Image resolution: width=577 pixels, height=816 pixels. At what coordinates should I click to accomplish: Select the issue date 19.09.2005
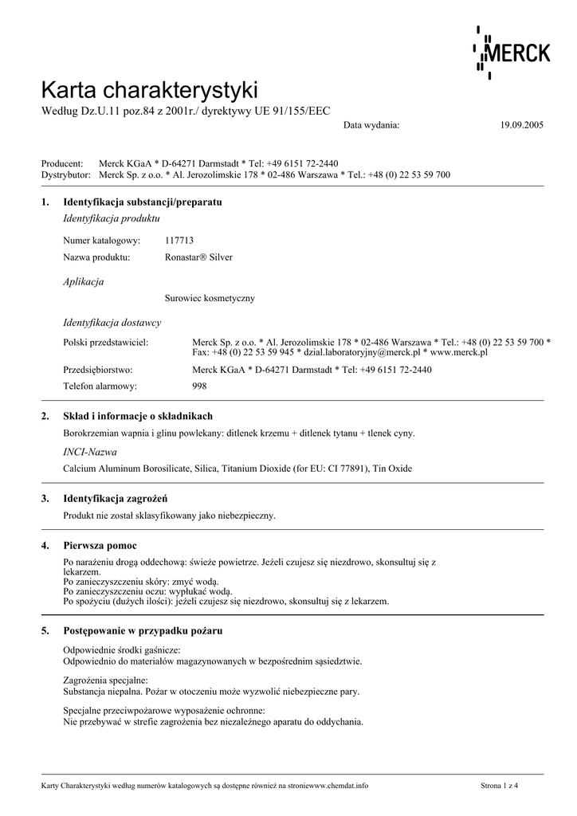(x=521, y=126)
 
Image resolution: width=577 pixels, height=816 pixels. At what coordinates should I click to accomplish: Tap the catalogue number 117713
(x=179, y=240)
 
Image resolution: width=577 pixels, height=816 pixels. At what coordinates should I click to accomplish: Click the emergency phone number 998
(x=200, y=386)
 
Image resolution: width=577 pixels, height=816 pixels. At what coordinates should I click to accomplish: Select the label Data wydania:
(x=371, y=126)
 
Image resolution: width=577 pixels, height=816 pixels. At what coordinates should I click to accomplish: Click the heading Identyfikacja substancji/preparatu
(x=142, y=202)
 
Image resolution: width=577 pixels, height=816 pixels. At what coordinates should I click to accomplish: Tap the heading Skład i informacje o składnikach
(x=138, y=416)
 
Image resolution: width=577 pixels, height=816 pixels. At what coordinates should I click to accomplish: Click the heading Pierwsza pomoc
(x=100, y=545)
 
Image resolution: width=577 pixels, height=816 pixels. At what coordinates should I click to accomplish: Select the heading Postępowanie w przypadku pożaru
(x=143, y=630)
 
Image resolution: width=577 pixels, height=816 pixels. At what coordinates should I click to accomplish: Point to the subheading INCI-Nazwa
(x=89, y=452)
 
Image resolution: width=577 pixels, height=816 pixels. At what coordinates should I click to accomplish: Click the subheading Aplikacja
(x=83, y=281)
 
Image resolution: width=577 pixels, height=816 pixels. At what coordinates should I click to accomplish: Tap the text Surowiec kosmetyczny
(x=210, y=298)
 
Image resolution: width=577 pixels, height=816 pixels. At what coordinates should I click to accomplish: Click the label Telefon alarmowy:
(x=100, y=386)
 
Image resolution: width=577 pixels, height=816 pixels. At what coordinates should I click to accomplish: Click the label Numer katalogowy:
(x=101, y=240)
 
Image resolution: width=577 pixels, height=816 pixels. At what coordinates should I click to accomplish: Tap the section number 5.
(x=45, y=630)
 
